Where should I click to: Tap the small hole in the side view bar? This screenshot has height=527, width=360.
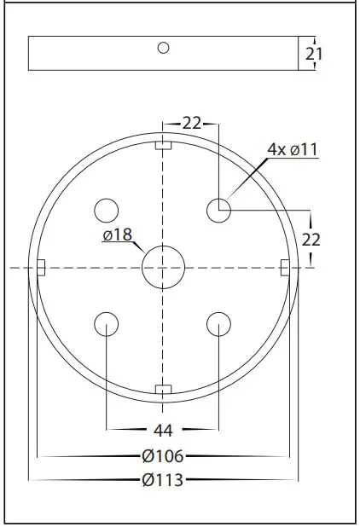[x=163, y=47]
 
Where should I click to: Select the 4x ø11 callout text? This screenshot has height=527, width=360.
[x=292, y=149]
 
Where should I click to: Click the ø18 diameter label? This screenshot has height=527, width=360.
[x=118, y=235]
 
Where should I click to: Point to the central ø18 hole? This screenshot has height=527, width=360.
[x=163, y=268]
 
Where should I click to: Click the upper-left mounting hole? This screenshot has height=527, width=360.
[x=106, y=209]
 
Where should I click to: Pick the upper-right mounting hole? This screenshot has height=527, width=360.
[x=219, y=209]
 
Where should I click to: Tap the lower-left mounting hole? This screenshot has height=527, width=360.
[x=106, y=323]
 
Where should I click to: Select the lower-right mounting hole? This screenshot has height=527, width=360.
[x=219, y=323]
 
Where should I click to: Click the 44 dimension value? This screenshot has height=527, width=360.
[x=163, y=429]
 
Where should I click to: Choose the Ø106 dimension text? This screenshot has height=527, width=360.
[x=163, y=456]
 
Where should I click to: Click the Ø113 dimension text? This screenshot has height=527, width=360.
[x=163, y=480]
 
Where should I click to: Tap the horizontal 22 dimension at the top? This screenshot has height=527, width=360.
[x=191, y=124]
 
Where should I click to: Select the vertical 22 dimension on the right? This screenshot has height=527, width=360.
[x=311, y=240]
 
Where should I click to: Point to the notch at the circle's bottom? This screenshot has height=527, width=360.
[x=163, y=390]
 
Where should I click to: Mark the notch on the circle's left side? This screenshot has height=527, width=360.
[x=39, y=268]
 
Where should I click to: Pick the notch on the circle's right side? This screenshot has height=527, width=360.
[x=285, y=268]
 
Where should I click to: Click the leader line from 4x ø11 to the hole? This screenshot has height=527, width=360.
[x=246, y=181]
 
